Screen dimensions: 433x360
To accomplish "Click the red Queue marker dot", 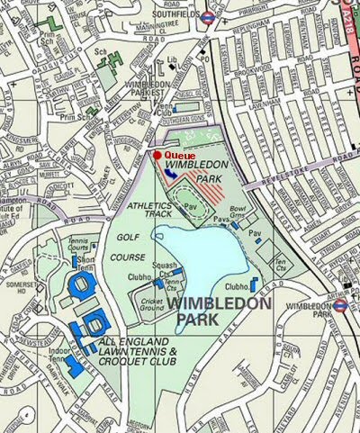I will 157,155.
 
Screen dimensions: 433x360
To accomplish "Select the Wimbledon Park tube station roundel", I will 340,306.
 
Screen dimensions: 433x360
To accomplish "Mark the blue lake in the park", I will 202,261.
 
